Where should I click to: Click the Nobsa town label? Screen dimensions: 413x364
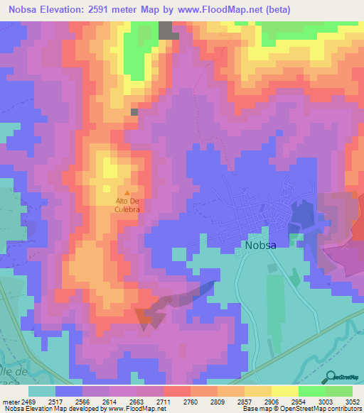tap(265, 246)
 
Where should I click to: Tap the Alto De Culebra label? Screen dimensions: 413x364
tap(127, 204)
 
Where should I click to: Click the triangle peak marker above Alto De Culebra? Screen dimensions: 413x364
tap(127, 192)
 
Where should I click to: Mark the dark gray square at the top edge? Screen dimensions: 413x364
tap(166, 30)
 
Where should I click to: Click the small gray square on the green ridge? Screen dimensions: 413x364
tap(134, 111)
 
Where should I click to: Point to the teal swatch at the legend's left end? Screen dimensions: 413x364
tap(41, 390)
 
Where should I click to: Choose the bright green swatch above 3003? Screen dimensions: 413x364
tap(311, 390)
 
